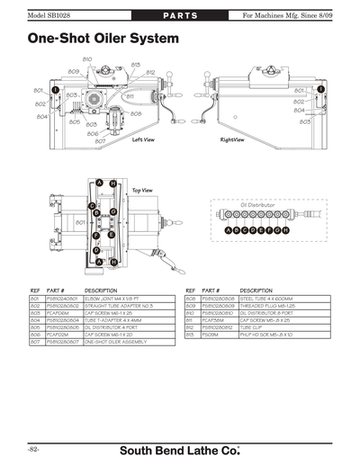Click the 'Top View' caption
point(142,191)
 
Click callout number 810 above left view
point(87,58)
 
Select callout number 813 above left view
point(136,65)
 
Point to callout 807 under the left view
point(100,141)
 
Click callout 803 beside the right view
point(305,121)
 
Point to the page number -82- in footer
point(32,448)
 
